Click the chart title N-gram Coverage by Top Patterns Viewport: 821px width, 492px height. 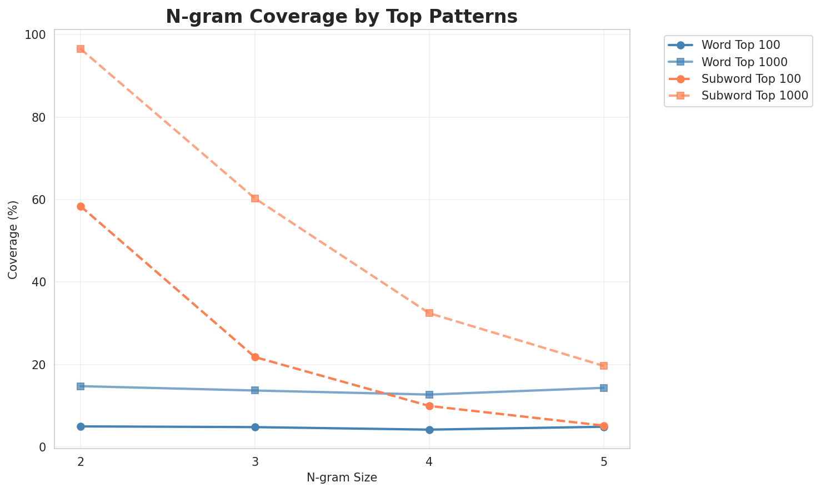click(x=342, y=17)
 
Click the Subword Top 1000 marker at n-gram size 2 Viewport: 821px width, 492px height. click(x=81, y=49)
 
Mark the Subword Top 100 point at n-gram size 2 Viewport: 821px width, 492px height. click(x=81, y=207)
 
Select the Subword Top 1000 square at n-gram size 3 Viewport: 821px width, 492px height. click(x=255, y=198)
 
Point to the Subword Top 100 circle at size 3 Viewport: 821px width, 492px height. click(x=255, y=357)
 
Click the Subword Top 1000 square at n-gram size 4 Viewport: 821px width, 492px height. click(x=429, y=313)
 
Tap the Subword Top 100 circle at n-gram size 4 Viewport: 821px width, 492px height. click(x=429, y=406)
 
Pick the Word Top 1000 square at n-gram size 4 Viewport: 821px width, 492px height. click(x=429, y=395)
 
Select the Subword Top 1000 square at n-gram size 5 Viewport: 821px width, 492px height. click(x=604, y=366)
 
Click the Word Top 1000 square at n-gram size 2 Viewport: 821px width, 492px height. click(x=81, y=386)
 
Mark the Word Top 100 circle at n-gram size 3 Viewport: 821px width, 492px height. click(x=255, y=427)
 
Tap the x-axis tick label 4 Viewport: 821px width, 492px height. click(x=429, y=462)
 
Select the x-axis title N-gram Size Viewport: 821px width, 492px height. click(x=342, y=478)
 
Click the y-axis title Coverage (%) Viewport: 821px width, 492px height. click(x=13, y=240)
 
